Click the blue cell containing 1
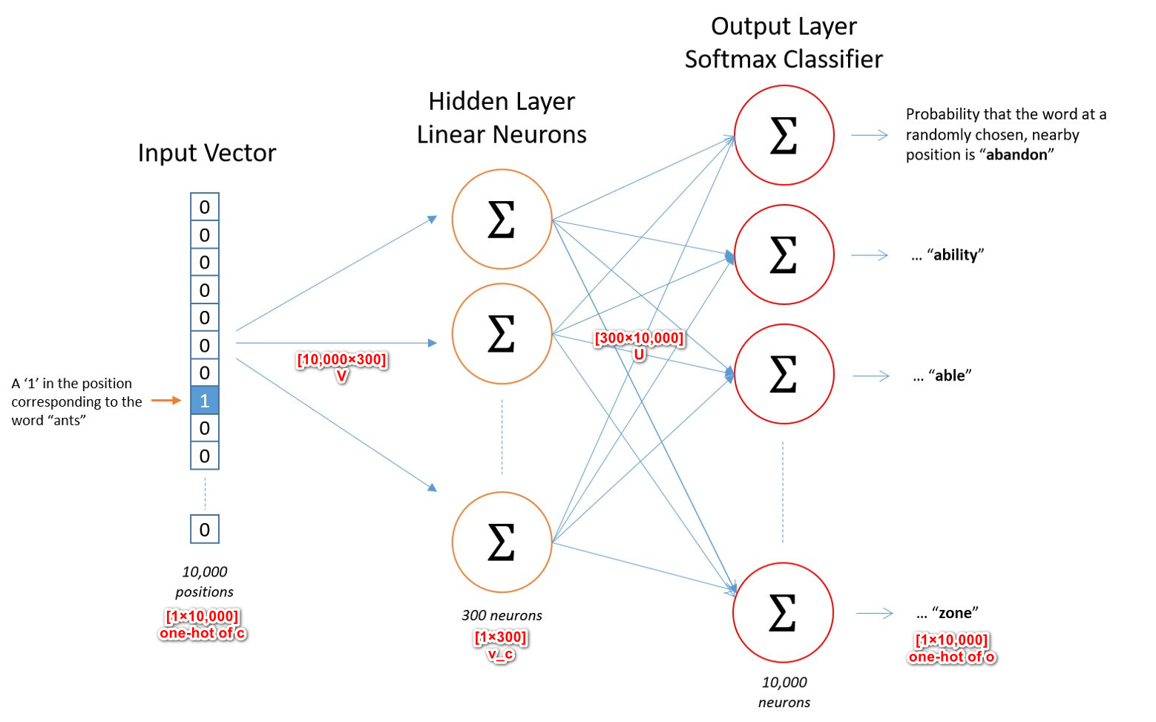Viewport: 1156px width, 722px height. click(205, 401)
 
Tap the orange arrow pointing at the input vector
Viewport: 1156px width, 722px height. click(166, 401)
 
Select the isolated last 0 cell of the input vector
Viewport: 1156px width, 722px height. click(205, 530)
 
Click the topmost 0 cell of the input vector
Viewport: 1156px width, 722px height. click(205, 207)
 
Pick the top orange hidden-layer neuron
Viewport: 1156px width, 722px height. click(502, 220)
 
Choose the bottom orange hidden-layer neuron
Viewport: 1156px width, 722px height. click(502, 542)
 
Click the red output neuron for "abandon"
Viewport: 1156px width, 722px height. click(784, 135)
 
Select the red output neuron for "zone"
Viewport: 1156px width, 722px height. click(784, 613)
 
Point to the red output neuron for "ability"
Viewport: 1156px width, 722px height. click(784, 255)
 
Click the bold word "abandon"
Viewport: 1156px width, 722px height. click(1017, 155)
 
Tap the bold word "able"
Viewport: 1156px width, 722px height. click(950, 376)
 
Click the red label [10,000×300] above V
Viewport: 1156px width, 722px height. click(341, 360)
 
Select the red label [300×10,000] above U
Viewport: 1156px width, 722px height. click(639, 338)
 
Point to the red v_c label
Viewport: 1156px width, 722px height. click(501, 654)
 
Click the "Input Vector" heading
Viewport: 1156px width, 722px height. click(207, 153)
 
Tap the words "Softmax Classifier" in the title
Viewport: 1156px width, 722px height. click(784, 59)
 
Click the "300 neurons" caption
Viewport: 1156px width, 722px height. click(502, 615)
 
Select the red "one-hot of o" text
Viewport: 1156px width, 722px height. click(952, 657)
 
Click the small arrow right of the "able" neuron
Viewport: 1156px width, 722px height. click(870, 376)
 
